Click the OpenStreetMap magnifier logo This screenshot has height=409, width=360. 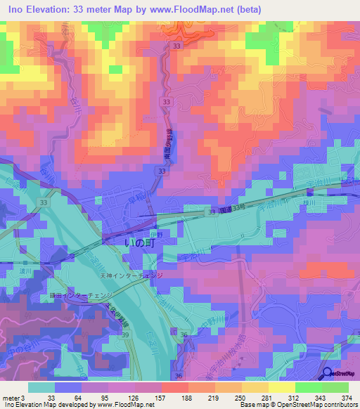328,375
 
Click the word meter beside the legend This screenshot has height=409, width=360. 11,397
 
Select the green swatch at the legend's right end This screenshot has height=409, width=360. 335,387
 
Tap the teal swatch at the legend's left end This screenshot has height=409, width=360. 41,387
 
